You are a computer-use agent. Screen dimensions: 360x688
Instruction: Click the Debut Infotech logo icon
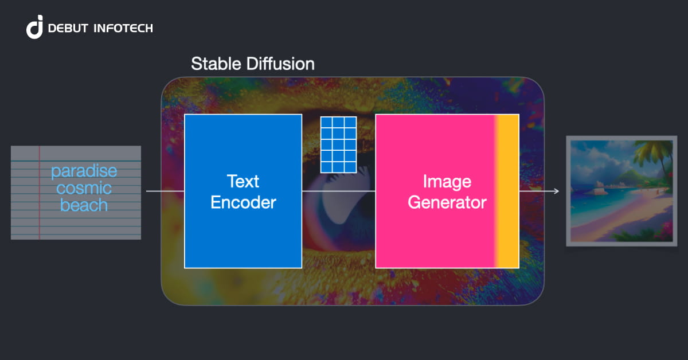[35, 28]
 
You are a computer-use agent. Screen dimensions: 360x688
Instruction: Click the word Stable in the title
[214, 64]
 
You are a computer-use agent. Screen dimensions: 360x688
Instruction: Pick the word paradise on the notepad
[84, 171]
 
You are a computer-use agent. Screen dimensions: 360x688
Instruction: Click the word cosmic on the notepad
[84, 188]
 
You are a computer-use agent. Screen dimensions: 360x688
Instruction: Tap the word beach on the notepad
[84, 205]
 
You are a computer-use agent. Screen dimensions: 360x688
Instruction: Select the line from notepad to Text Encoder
[165, 191]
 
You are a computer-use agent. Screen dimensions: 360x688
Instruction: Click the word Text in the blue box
[243, 182]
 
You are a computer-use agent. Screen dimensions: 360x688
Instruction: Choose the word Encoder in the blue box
[243, 202]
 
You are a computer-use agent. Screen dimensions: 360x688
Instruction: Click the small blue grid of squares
[338, 144]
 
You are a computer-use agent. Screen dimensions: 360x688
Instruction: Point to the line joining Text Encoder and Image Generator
[338, 191]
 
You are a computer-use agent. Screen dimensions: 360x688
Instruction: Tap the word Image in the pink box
[447, 182]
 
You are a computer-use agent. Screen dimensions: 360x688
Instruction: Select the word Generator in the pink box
[447, 202]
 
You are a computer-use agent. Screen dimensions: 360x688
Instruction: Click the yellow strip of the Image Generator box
[508, 191]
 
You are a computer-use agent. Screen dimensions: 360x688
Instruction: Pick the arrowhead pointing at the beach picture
[556, 191]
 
